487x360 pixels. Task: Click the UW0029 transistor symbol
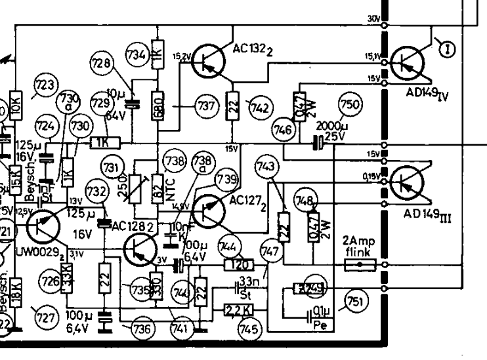44,226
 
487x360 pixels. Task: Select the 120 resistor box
239,264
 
